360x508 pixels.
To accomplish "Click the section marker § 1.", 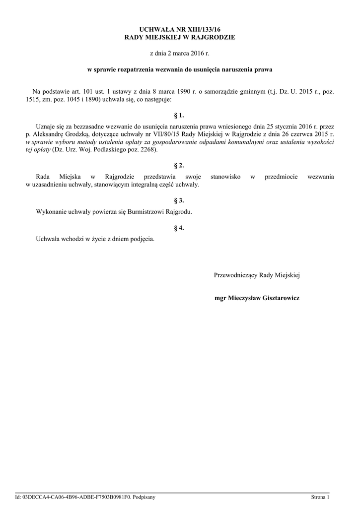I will (179, 115).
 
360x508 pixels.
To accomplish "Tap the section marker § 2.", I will (179, 165).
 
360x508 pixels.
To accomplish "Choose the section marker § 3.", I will (179, 200).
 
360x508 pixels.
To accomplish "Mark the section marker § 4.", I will (179, 228).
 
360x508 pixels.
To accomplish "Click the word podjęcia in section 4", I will (143, 240).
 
